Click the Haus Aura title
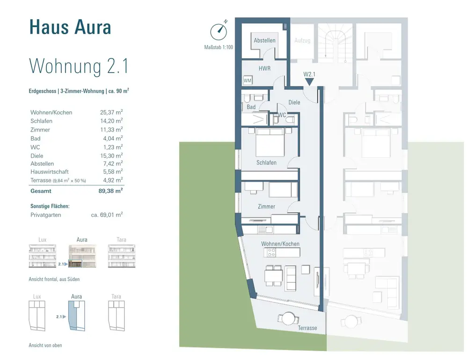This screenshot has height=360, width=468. click(x=70, y=27)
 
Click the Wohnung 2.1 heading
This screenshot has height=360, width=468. click(x=79, y=66)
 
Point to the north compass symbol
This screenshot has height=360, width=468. click(x=219, y=31)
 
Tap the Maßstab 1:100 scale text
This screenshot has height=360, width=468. click(x=219, y=47)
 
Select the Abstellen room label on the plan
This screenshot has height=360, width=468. click(x=264, y=40)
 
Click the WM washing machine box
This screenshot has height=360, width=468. click(x=248, y=81)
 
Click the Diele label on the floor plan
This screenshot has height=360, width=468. click(x=294, y=103)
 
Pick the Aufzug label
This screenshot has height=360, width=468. click(x=302, y=40)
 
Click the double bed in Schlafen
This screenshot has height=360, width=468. click(x=270, y=142)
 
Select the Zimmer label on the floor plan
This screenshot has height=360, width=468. click(x=267, y=206)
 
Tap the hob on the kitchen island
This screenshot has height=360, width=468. click(x=271, y=252)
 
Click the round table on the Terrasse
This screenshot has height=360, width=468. click(x=288, y=318)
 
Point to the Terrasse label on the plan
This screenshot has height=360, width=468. click(x=307, y=328)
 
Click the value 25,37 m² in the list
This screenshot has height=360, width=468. click(x=111, y=112)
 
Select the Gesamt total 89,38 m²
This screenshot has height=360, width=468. click(x=110, y=191)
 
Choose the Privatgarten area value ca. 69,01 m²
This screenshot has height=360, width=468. click(x=107, y=214)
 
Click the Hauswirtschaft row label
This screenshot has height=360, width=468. click(x=50, y=172)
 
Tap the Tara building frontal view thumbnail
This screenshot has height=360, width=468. click(x=122, y=256)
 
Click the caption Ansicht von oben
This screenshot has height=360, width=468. click(x=45, y=345)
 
